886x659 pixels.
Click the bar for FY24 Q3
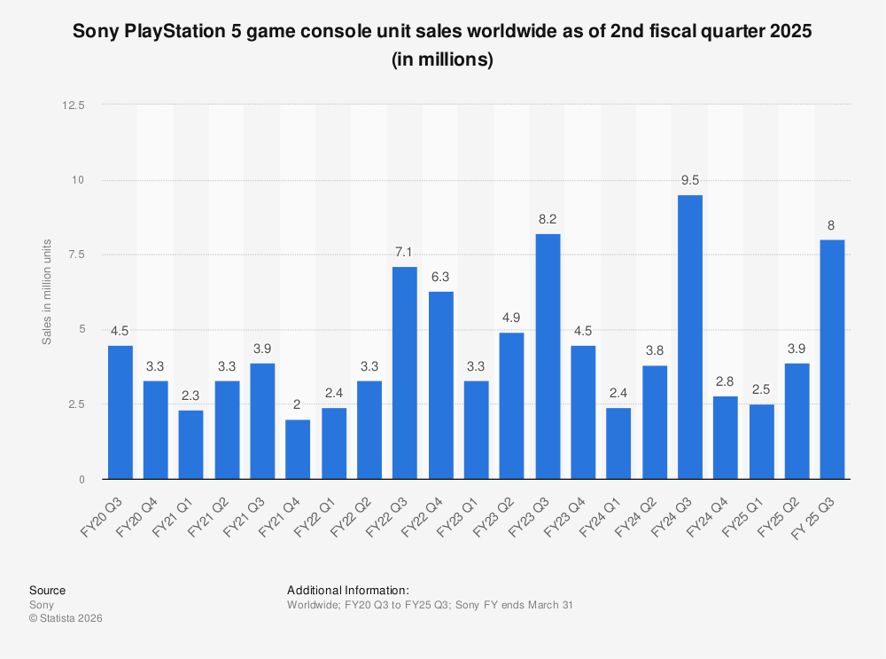[x=690, y=337]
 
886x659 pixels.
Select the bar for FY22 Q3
[x=405, y=373]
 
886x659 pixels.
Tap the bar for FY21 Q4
[x=299, y=449]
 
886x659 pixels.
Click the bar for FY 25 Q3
[x=833, y=359]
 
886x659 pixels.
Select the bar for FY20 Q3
[x=120, y=412]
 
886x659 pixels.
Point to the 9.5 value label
[x=690, y=180]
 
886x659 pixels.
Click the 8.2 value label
[x=548, y=219]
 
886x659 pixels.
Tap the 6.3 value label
[x=441, y=276]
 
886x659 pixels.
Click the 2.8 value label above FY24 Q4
[x=726, y=381]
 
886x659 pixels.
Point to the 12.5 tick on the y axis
[x=74, y=105]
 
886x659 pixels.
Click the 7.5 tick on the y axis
[x=77, y=255]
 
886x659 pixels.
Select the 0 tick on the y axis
[x=81, y=479]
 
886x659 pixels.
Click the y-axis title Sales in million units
[x=47, y=292]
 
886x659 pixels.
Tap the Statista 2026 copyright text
[x=66, y=618]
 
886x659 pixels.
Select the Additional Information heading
[x=347, y=590]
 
